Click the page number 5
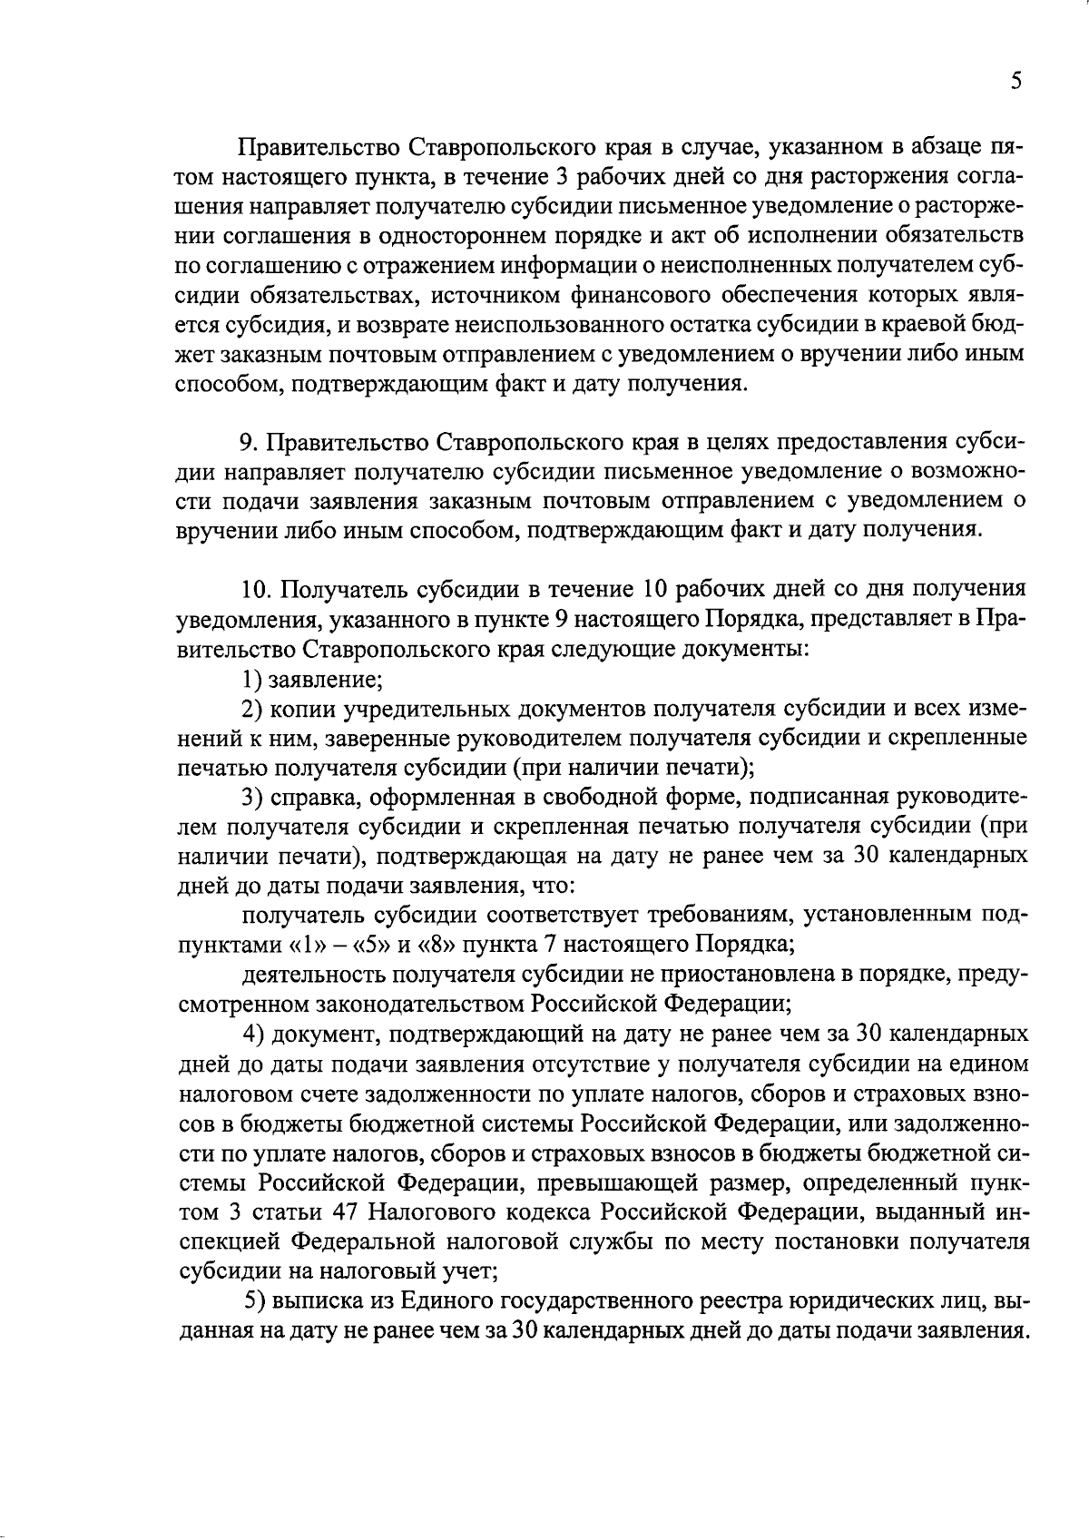[x=1016, y=82]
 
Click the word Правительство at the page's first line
[x=317, y=146]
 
